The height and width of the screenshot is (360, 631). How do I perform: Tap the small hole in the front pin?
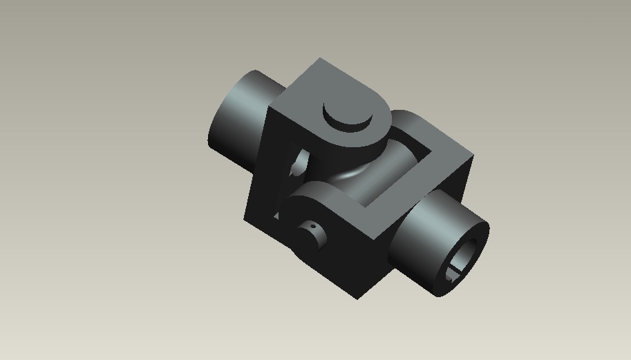point(312,227)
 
